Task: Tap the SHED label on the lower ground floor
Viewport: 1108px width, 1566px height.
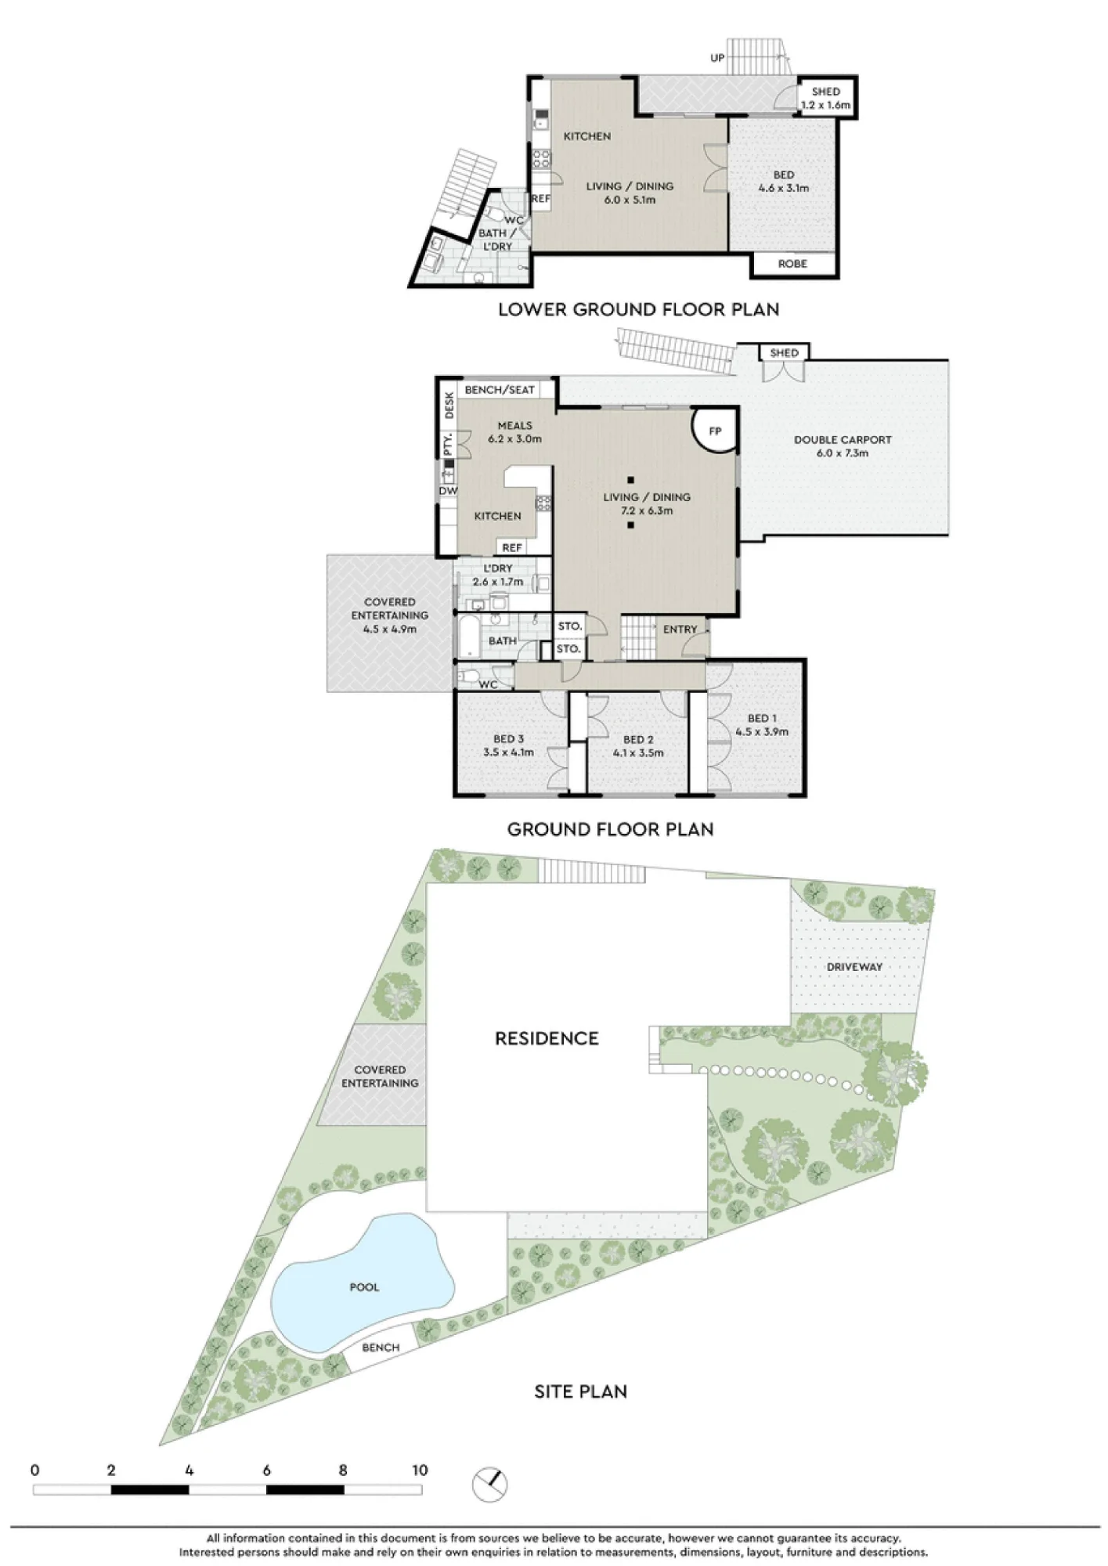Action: tap(825, 92)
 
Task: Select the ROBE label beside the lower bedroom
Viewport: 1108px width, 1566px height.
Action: tap(792, 264)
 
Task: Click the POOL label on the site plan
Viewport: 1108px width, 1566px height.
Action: tap(364, 1286)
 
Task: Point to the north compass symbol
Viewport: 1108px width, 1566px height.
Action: tap(490, 1485)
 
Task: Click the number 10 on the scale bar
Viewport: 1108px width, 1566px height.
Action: tap(420, 1470)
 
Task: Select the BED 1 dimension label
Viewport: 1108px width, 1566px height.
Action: tap(762, 732)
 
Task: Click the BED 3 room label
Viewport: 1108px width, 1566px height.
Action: tap(508, 738)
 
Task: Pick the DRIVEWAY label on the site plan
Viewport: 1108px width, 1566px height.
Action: tap(854, 967)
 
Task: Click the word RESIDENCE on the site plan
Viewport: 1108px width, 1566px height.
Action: tap(547, 1038)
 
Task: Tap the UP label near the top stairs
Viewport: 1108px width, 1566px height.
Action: tap(717, 58)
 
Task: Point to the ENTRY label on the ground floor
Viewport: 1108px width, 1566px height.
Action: tap(680, 629)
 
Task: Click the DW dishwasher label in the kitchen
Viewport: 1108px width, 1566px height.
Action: tap(448, 491)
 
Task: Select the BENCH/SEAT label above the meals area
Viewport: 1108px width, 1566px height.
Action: tap(500, 390)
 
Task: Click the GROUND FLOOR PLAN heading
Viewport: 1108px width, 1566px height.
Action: tap(611, 829)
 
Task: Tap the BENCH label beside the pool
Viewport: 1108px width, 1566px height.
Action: tap(381, 1348)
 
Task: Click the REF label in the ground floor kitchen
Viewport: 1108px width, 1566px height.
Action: tap(512, 547)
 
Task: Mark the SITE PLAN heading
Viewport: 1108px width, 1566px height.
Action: tap(580, 1391)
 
